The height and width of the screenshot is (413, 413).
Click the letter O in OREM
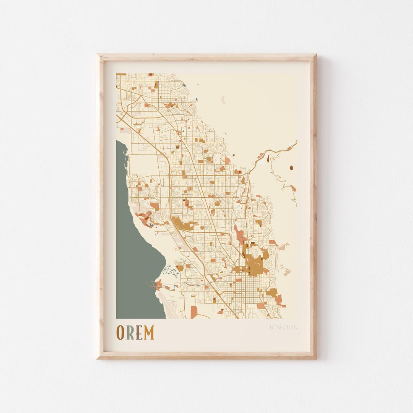[x=120, y=333]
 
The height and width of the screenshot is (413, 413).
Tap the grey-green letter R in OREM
[x=130, y=333]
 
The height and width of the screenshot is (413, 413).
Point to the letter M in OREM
[x=149, y=333]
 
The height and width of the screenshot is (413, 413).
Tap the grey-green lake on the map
[x=134, y=249]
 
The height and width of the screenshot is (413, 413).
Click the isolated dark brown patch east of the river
[x=291, y=167]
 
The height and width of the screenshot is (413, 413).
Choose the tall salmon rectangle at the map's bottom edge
[x=194, y=312]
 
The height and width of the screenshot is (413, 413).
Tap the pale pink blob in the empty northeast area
[x=223, y=101]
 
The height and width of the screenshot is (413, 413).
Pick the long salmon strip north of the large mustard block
[x=240, y=235]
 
